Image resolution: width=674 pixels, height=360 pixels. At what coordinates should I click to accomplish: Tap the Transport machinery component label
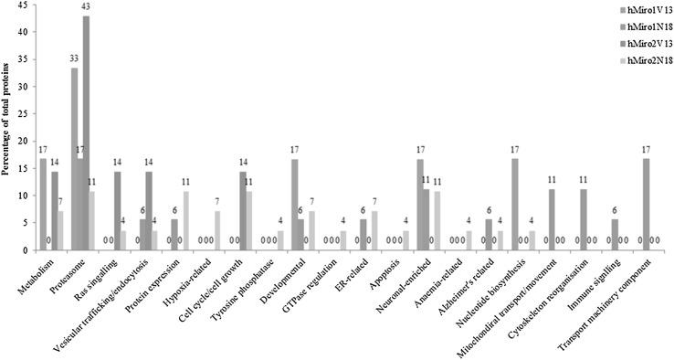(x=621, y=292)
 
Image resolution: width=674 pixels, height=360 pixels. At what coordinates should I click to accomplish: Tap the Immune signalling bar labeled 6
(x=615, y=230)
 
